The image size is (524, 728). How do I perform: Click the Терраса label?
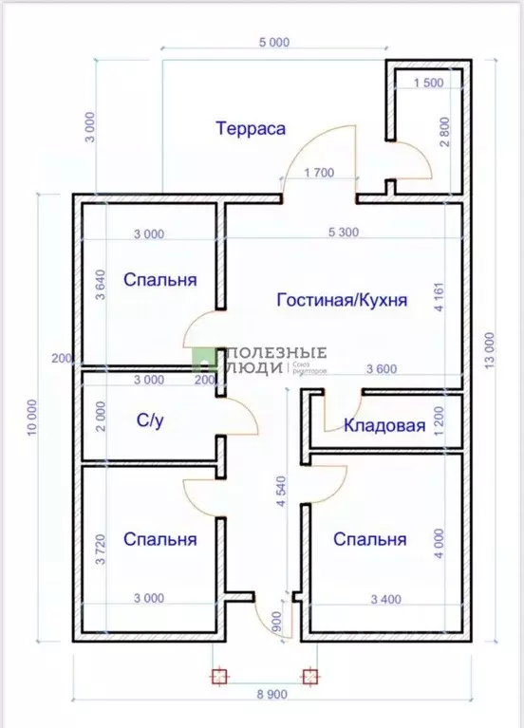[x=251, y=129]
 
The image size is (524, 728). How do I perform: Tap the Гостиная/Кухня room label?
[x=342, y=300]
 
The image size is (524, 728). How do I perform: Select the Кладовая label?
[x=384, y=425]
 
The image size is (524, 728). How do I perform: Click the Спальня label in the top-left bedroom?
[x=160, y=280]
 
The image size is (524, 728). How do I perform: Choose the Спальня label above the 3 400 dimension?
[x=369, y=539]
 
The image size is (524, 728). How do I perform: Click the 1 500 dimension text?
[x=428, y=84]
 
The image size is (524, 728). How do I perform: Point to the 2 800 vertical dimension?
[x=444, y=136]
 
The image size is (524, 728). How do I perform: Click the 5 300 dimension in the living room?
[x=343, y=233]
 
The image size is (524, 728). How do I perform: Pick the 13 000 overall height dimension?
[x=490, y=354]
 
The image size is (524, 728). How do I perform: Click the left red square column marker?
[x=218, y=676]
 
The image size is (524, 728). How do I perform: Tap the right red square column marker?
[x=309, y=676]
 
